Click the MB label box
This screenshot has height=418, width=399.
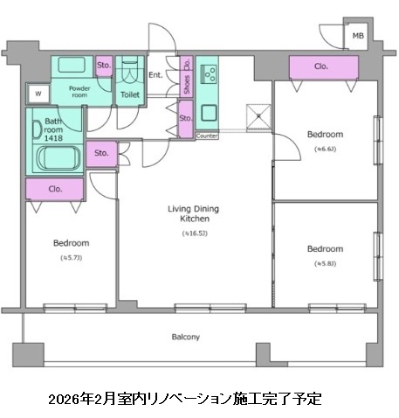tap(357, 36)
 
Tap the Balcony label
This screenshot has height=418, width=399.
tap(184, 337)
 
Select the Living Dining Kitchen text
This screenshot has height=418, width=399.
tap(193, 215)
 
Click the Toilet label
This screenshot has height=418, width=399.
tap(128, 94)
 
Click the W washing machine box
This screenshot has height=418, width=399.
tap(38, 94)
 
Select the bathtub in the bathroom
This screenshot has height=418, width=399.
tap(58, 159)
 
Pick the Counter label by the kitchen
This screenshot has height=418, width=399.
tap(207, 136)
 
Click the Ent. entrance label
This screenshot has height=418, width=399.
tap(155, 76)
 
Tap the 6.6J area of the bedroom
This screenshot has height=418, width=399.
tap(324, 149)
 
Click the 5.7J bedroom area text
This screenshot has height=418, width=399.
tap(71, 258)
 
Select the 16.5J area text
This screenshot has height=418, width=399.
tap(193, 233)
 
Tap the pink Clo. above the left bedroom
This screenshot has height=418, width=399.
tap(55, 188)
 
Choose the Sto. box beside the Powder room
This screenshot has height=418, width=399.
tap(103, 66)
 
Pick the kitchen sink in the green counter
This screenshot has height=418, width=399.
tap(210, 111)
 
